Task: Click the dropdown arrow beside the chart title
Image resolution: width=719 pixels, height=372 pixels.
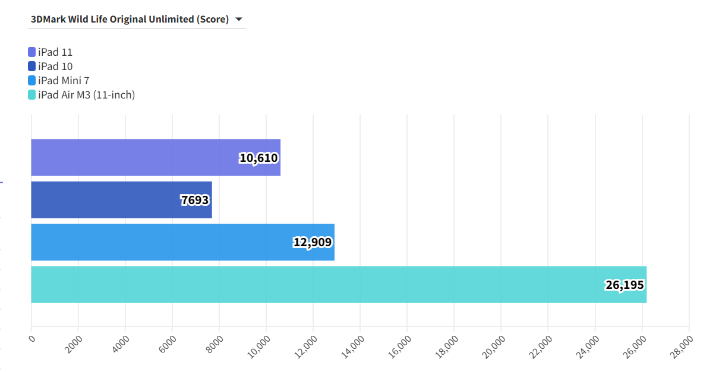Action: click(x=239, y=20)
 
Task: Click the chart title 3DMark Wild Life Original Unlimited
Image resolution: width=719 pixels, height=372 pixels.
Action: click(x=130, y=20)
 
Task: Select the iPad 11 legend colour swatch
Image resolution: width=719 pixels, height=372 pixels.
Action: click(x=32, y=52)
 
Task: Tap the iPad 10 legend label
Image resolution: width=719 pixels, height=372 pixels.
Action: click(x=55, y=66)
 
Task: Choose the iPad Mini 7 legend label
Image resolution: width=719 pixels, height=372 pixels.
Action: click(x=64, y=81)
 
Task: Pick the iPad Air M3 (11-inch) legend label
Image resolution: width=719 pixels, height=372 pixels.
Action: click(x=86, y=95)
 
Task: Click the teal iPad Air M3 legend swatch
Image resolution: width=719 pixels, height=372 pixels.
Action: click(x=32, y=95)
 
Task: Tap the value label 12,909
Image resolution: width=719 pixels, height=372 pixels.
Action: click(x=313, y=242)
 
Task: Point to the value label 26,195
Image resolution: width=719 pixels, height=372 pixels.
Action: click(x=625, y=285)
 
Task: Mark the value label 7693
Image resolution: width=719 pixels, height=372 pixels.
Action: click(x=195, y=200)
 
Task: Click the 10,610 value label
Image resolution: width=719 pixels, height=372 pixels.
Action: click(x=259, y=158)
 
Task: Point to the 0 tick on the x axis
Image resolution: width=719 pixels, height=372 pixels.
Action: click(x=32, y=339)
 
